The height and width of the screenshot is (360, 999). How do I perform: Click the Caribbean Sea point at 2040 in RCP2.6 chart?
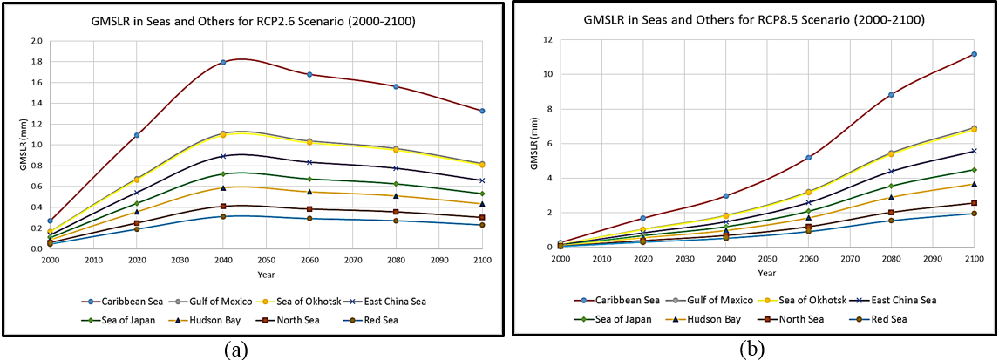pos(223,62)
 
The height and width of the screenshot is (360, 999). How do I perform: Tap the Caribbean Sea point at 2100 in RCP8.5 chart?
pos(974,54)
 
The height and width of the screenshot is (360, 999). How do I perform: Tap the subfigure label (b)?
pos(751,349)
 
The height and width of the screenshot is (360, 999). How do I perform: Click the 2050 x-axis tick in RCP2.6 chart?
pos(266,260)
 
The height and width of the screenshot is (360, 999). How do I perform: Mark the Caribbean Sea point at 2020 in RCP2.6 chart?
pos(138,135)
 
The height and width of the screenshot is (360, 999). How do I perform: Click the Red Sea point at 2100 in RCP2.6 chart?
pos(481,225)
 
